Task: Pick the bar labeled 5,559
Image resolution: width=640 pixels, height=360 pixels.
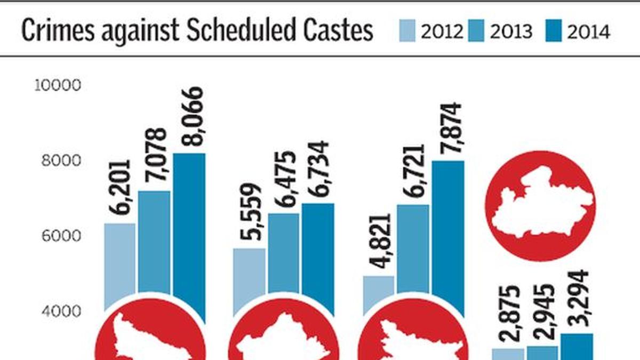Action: (x=249, y=275)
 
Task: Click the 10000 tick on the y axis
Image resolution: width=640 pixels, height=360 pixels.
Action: (x=57, y=85)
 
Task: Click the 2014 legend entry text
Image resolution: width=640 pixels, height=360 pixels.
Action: (x=588, y=33)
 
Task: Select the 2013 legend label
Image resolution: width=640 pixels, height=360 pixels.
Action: (x=511, y=33)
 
